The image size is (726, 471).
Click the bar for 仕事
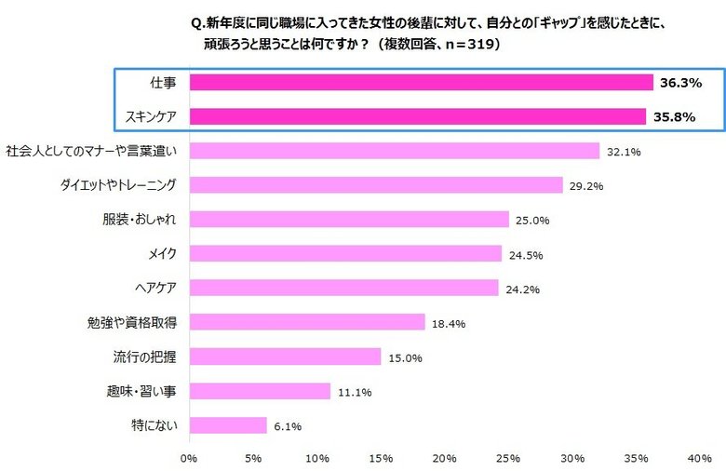tap(421, 83)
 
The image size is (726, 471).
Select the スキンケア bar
tap(418, 116)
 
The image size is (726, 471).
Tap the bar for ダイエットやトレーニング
tap(376, 185)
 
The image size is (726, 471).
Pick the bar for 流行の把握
tap(285, 357)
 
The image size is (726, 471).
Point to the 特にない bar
tap(228, 425)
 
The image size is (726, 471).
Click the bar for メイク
tap(345, 253)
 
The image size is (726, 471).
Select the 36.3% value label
tap(680, 83)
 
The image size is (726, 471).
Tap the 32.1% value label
tap(624, 152)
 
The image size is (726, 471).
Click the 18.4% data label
tap(449, 323)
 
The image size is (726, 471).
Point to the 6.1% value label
tap(288, 426)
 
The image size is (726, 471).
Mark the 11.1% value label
tap(355, 392)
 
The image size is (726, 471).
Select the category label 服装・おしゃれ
tap(140, 220)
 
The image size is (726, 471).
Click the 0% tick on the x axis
tap(189, 458)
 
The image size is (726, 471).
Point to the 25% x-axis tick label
tap(508, 458)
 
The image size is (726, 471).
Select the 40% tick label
tap(699, 458)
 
